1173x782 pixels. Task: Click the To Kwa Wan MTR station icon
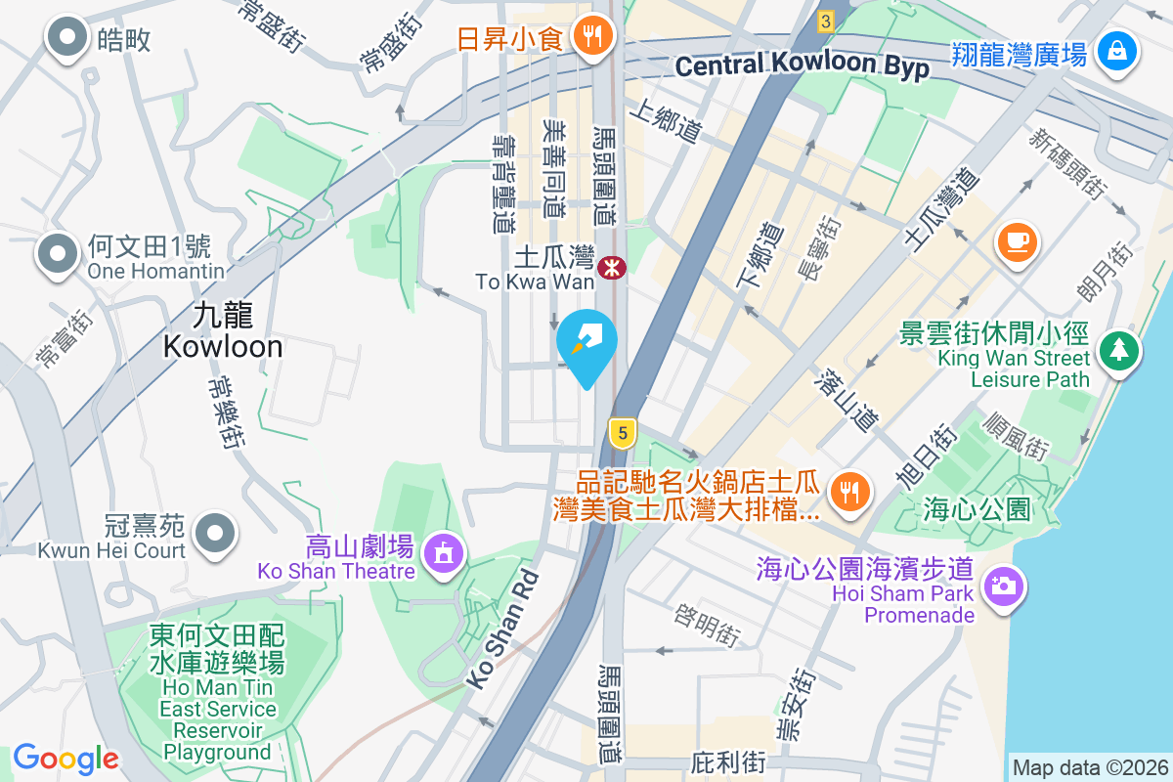(613, 266)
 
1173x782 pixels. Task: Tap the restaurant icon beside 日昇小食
(590, 38)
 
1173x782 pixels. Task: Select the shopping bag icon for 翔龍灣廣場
(1115, 49)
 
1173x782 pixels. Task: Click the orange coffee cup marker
(1017, 240)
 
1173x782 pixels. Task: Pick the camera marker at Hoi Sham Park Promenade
(1001, 586)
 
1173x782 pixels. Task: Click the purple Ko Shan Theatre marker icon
(444, 552)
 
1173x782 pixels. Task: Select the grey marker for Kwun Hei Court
(214, 533)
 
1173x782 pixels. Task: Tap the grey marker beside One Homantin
(59, 254)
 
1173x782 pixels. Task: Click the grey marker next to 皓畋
(68, 38)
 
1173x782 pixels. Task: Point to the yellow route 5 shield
(621, 430)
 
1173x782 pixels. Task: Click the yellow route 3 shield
(826, 21)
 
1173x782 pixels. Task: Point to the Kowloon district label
(223, 330)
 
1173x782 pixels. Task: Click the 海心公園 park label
(977, 508)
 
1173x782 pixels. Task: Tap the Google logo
(65, 759)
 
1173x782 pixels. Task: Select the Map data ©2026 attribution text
(1089, 767)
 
